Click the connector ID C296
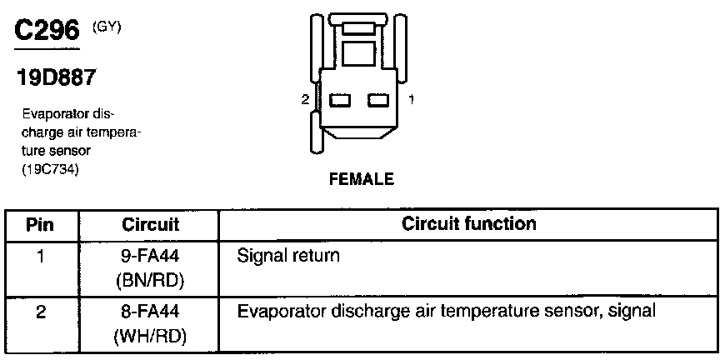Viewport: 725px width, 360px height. [x=47, y=31]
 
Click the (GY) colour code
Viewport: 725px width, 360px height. [x=106, y=27]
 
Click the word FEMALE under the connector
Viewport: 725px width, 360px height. [x=361, y=179]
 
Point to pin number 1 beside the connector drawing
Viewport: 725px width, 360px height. [x=412, y=99]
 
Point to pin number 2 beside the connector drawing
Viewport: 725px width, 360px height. [x=306, y=99]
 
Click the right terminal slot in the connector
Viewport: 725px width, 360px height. [x=379, y=101]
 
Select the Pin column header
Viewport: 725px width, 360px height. [x=40, y=224]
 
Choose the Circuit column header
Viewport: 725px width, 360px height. [x=150, y=224]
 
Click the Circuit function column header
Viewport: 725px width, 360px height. [x=469, y=223]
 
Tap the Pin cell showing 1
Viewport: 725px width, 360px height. [x=40, y=256]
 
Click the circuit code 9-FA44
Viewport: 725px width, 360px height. [x=151, y=257]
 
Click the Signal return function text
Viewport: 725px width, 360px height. [x=288, y=256]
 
